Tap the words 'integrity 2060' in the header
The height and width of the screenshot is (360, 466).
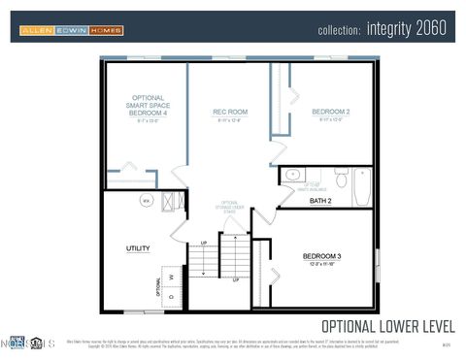click(407, 28)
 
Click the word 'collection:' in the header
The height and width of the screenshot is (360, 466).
click(339, 29)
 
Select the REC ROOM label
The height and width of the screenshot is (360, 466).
click(230, 113)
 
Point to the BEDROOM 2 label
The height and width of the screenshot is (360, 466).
click(330, 113)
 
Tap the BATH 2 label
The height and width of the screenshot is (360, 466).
click(320, 201)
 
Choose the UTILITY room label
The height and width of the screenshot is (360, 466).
click(138, 248)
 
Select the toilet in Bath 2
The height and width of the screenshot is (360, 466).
click(341, 179)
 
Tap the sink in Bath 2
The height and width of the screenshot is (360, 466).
click(292, 176)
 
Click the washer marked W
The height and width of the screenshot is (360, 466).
click(172, 277)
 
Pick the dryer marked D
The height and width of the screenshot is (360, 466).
click(172, 297)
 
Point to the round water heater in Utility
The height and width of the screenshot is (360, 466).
click(147, 201)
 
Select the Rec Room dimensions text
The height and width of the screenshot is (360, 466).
click(230, 121)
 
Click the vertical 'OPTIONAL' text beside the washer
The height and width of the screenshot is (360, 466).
click(158, 287)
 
